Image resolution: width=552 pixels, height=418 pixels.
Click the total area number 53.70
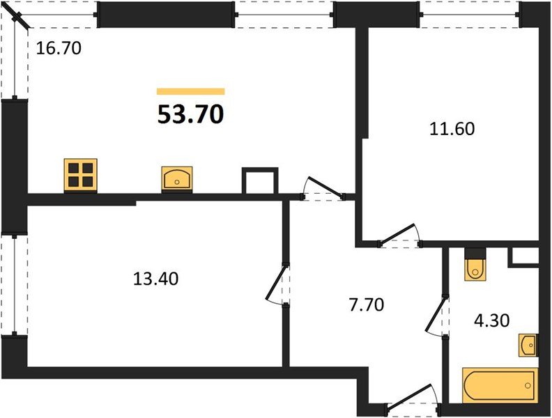190,113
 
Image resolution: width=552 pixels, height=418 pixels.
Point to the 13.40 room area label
156,279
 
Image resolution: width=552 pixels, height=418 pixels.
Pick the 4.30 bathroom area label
492,320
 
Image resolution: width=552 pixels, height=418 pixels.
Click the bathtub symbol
499,386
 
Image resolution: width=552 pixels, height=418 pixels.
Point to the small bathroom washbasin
528,344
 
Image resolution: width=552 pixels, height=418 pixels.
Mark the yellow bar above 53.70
190,91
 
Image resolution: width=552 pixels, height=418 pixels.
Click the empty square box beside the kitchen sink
259,180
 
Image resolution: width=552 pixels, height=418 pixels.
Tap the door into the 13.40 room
277,286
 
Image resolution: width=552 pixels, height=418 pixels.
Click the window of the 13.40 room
14,285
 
